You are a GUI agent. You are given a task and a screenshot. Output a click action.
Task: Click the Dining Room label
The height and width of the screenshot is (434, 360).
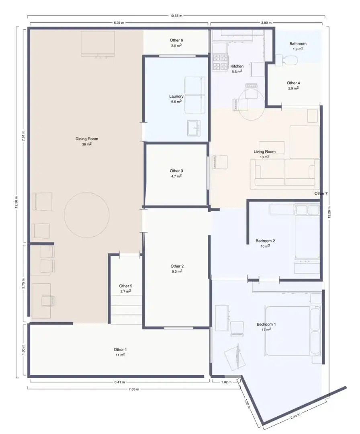(87, 139)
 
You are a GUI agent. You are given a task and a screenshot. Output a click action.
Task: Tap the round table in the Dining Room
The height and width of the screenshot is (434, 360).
(87, 215)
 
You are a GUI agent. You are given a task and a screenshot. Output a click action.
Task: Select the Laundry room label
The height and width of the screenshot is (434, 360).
(176, 96)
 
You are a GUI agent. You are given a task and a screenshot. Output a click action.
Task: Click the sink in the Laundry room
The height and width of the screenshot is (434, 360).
(194, 128)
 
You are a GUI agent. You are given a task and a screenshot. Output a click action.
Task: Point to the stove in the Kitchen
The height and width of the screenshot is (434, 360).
(221, 62)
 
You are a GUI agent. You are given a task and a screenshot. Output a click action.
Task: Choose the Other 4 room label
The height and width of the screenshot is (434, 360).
(293, 83)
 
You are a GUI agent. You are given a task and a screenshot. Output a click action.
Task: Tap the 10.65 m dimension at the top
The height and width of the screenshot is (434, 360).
(176, 16)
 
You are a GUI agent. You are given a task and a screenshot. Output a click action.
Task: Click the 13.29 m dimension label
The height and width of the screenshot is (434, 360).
(329, 212)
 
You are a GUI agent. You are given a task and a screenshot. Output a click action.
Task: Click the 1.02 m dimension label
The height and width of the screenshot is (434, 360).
(226, 382)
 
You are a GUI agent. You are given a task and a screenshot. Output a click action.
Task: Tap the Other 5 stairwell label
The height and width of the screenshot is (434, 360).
(126, 286)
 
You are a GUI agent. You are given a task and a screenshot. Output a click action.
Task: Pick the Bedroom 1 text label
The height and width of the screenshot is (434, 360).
(266, 324)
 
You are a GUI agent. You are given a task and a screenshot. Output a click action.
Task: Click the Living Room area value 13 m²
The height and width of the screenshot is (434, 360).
(264, 157)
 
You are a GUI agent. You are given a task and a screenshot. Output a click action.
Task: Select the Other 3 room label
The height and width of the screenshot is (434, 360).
(176, 171)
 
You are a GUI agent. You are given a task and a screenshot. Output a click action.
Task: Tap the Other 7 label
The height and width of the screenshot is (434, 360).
(321, 193)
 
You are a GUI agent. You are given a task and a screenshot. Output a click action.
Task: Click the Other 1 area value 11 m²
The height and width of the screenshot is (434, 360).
(120, 354)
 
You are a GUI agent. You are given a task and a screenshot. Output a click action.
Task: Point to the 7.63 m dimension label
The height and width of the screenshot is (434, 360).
(134, 389)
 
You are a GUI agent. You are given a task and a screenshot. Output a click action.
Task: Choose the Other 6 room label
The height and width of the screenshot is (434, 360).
(176, 40)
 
